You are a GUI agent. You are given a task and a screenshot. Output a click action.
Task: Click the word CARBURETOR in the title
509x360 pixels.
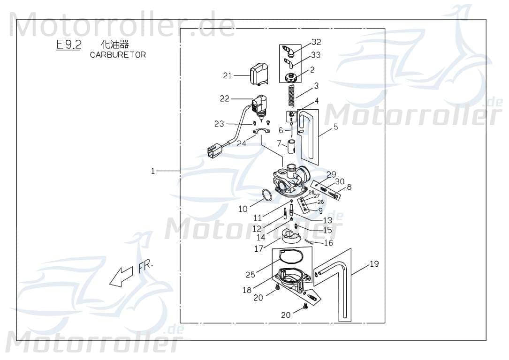click(118, 55)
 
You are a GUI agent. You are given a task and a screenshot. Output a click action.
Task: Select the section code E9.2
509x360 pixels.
click(68, 45)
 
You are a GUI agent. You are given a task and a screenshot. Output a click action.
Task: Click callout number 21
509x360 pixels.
click(228, 75)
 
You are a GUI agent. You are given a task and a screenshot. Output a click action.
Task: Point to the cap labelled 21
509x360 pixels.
click(258, 75)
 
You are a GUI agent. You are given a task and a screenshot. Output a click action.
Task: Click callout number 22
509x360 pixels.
click(225, 98)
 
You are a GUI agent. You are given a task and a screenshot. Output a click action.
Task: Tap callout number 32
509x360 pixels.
click(316, 42)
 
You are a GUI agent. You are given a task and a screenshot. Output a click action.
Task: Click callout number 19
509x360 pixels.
click(374, 264)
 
